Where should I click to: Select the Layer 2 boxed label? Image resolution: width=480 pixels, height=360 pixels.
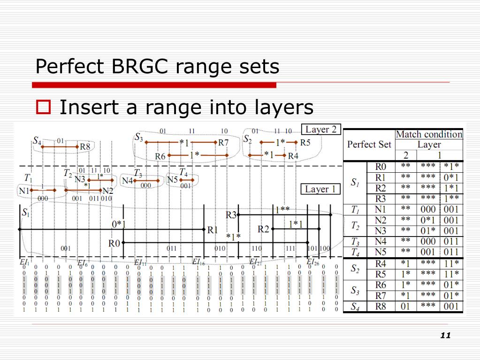tap(321, 129)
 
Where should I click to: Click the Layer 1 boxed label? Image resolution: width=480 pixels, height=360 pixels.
tap(320, 189)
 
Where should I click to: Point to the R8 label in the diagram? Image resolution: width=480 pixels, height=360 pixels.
tap(85, 146)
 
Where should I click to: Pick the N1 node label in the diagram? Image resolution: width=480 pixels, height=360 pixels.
tap(24, 191)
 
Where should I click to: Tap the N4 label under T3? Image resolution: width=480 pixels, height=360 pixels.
tap(127, 180)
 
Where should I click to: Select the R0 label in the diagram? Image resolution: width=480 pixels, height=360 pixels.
tap(114, 243)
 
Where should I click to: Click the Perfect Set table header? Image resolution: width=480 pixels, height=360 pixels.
tap(369, 144)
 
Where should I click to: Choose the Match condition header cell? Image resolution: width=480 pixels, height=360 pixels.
tap(429, 134)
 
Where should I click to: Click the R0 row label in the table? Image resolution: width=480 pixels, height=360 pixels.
tap(381, 167)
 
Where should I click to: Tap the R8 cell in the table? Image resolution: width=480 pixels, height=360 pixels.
tap(381, 307)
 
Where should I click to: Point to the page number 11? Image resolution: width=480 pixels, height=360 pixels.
tap(445, 335)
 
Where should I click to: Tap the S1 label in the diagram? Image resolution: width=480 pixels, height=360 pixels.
tap(25, 212)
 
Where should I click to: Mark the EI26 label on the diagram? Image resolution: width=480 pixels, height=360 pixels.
tap(313, 262)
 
